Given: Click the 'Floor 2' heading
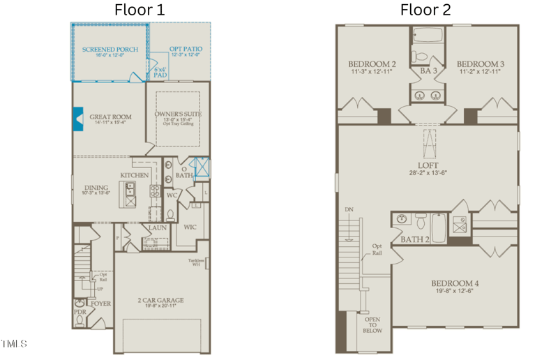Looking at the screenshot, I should [x=425, y=10].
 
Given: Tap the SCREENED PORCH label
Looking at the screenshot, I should [x=110, y=50].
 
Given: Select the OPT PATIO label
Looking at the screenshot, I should [x=186, y=50].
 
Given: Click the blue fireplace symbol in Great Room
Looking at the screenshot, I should [x=78, y=119].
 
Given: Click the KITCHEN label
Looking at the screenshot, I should [x=134, y=175].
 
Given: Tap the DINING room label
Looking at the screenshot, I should [x=96, y=187].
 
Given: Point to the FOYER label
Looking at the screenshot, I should [x=100, y=303].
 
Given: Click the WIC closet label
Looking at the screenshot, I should [x=189, y=227].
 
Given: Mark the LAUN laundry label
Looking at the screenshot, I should [x=157, y=227].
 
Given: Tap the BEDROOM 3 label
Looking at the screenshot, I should [x=481, y=64].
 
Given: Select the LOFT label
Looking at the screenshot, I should [x=428, y=165].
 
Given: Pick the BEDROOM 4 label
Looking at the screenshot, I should [x=454, y=283].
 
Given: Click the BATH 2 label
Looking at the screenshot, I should [x=414, y=239].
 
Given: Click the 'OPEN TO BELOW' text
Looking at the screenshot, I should [x=372, y=325].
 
